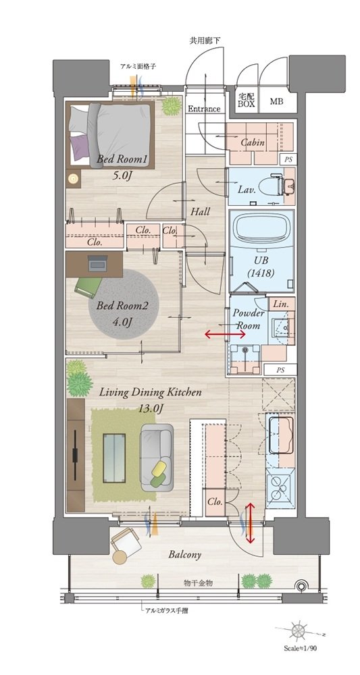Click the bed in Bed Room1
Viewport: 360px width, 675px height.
pos(110,134)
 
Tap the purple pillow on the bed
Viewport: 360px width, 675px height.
pos(80,146)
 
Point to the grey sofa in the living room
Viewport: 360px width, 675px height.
pos(157,457)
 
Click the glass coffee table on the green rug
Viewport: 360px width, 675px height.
pos(114,458)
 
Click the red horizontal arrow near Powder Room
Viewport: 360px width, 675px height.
pos(220,333)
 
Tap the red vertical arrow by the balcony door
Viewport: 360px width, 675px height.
pos(249,523)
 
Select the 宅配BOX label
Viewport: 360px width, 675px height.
pos(246,101)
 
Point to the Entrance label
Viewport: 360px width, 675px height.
pos(204,109)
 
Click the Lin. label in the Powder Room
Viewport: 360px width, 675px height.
pos(282,304)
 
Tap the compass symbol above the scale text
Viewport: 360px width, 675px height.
pos(297,630)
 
